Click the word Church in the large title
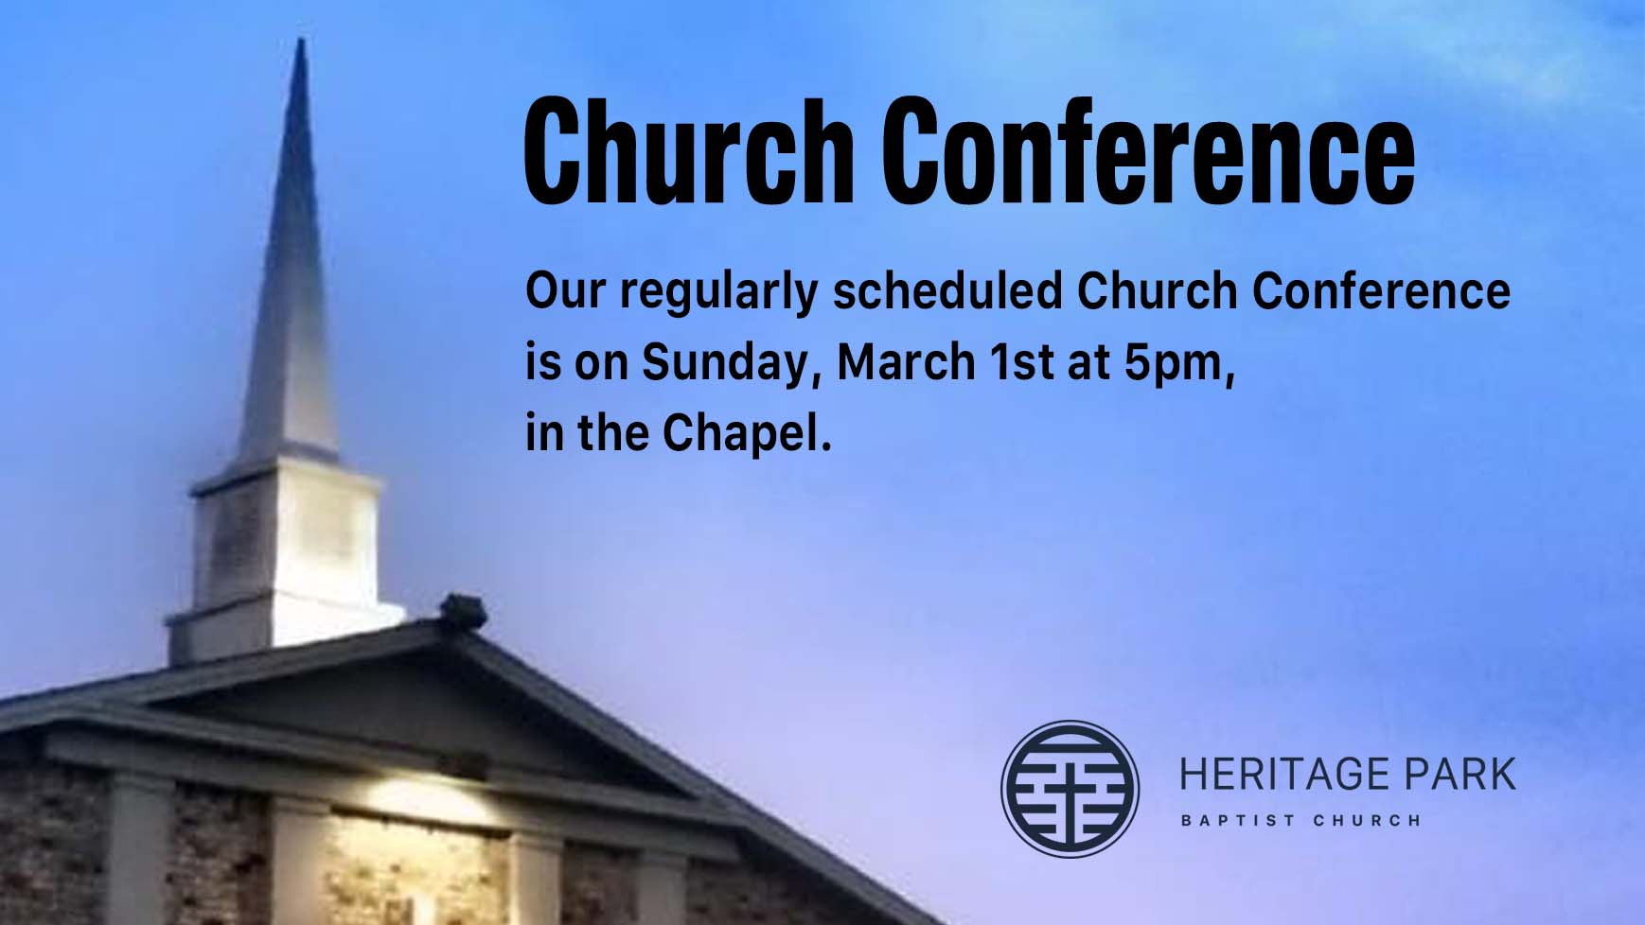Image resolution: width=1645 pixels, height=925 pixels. (x=687, y=153)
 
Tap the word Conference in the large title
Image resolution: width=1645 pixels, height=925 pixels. (x=1147, y=153)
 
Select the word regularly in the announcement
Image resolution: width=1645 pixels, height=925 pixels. (x=719, y=292)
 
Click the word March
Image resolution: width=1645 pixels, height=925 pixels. (x=906, y=362)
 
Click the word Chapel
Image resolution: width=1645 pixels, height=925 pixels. (x=746, y=434)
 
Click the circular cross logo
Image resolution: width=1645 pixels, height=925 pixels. (x=1070, y=789)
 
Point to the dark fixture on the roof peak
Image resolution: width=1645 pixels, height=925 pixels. (x=464, y=610)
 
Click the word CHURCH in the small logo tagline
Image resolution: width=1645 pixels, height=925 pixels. (x=1367, y=820)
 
